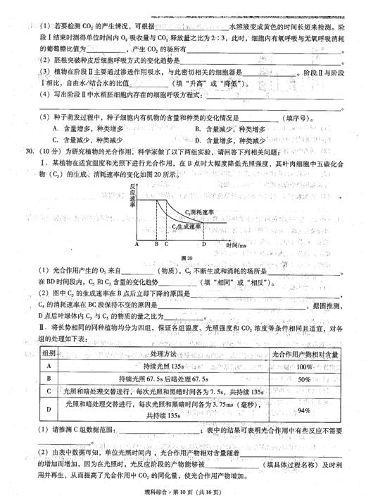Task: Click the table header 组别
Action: click(x=50, y=353)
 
